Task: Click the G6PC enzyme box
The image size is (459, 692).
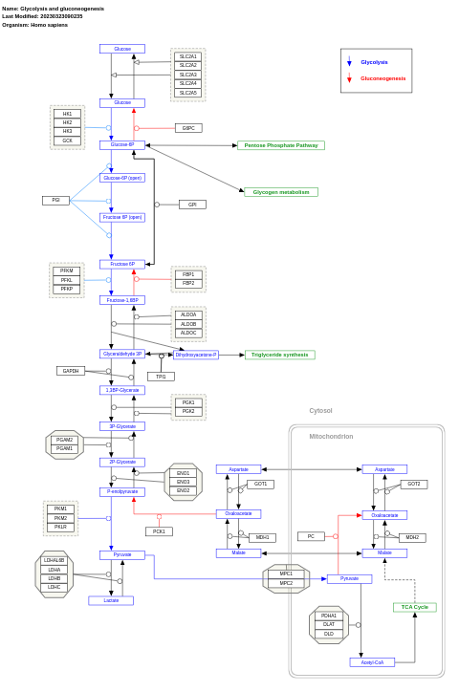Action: (x=188, y=128)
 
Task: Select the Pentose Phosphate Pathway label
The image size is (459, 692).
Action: (x=280, y=145)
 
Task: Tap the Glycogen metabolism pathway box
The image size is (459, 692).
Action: (x=281, y=192)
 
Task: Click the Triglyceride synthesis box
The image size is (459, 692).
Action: (x=279, y=355)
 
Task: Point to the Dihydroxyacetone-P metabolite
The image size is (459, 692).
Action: (x=196, y=355)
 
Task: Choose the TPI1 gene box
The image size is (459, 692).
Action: (x=161, y=377)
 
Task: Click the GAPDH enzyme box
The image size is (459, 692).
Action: (x=71, y=371)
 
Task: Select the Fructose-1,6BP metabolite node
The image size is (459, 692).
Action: (x=122, y=300)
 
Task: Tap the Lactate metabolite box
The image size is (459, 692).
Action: (x=111, y=600)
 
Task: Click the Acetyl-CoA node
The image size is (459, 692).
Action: (x=372, y=661)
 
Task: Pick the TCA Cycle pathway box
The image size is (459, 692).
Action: (x=414, y=607)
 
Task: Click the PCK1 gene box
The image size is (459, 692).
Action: (x=159, y=531)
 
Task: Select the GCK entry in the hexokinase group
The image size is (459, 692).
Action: (x=67, y=141)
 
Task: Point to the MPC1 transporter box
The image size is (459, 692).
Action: (x=286, y=573)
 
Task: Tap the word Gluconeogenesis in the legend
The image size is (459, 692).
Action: (x=382, y=78)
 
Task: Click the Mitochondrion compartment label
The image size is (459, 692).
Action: (x=331, y=436)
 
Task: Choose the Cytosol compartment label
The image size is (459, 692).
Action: (x=320, y=410)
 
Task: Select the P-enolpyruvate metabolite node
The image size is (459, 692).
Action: (x=122, y=491)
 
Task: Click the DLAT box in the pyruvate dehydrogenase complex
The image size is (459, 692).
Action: (x=328, y=624)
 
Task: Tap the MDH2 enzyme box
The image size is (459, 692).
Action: (x=412, y=537)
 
